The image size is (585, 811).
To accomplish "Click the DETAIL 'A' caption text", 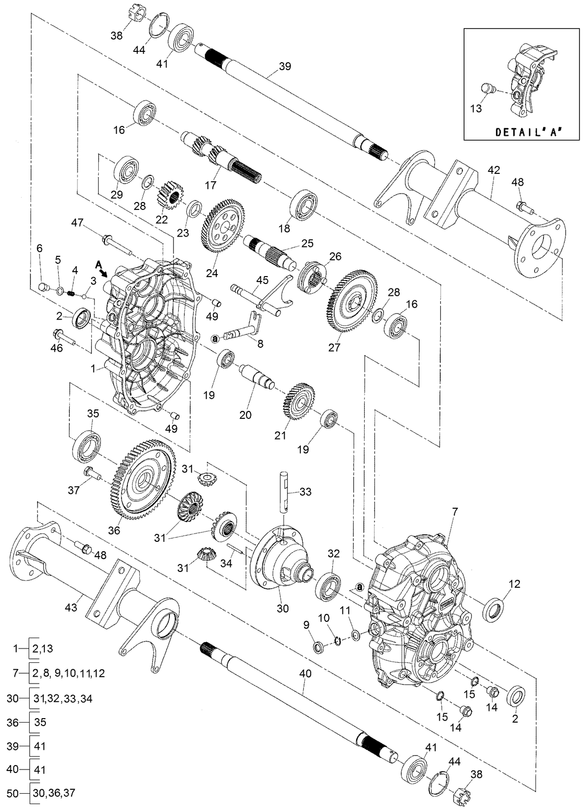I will point(530,132).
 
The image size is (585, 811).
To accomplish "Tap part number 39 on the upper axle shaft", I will point(285,67).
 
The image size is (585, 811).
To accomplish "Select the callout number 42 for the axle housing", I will point(494,170).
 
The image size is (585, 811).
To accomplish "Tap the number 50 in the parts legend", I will point(13,793).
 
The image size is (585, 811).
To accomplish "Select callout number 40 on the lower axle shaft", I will point(305,674).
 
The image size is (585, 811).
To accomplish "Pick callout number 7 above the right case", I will point(455,511).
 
